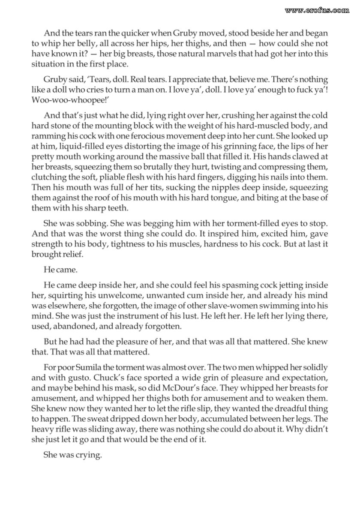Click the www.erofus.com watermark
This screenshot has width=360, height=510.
[x=317, y=10]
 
